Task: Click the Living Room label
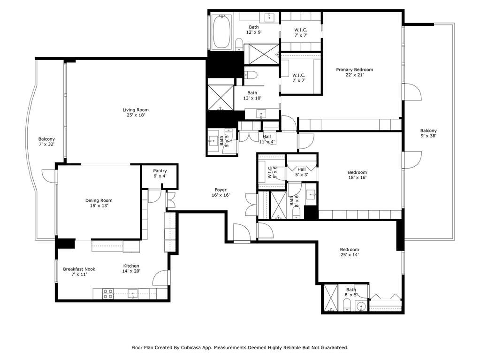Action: pos(136,110)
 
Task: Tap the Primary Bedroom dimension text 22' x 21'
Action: pos(355,75)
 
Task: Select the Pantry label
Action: pos(160,171)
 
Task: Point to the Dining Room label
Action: pos(99,200)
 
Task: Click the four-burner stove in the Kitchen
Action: pos(107,294)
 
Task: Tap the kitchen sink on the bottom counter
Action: pos(132,294)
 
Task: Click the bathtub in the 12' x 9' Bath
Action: pos(221,32)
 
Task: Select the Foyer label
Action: pos(221,190)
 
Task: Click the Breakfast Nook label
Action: pos(79,269)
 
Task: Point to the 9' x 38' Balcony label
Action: pos(428,130)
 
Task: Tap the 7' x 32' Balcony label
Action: pos(46,139)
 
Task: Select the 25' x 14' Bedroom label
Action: pos(349,250)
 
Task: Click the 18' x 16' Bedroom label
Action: pos(357,172)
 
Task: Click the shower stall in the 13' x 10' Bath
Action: pos(221,97)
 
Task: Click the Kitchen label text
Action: pos(131,266)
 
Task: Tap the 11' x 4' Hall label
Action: pos(267,137)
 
